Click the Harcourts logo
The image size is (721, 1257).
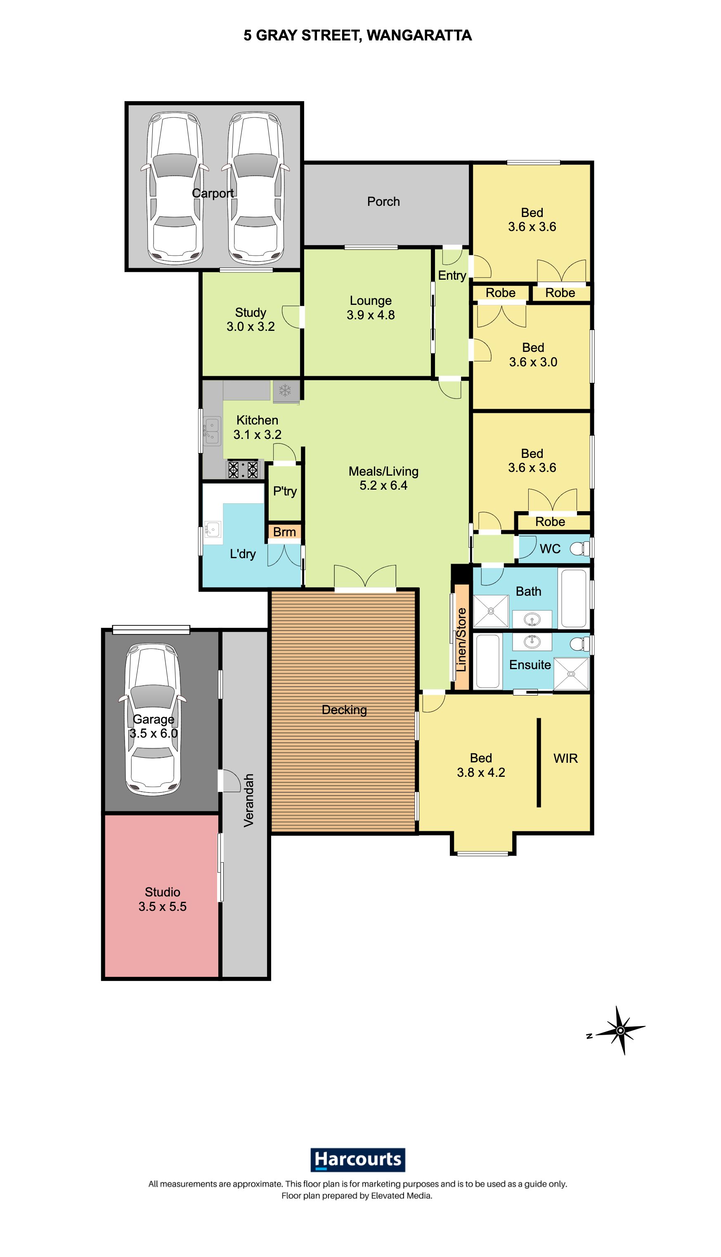click(357, 1160)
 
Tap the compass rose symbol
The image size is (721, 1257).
click(619, 1031)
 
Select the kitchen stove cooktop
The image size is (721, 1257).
click(243, 469)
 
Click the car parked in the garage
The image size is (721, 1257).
click(153, 719)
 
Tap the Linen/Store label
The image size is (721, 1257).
click(461, 639)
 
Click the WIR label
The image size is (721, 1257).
click(565, 758)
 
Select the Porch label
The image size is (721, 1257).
click(383, 201)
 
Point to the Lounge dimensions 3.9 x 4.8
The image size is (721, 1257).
click(370, 315)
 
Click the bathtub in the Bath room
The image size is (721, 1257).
click(574, 598)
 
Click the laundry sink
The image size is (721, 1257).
click(213, 530)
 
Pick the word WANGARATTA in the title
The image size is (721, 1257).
click(419, 35)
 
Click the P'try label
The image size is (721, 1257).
click(285, 491)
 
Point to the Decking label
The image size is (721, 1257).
click(344, 710)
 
